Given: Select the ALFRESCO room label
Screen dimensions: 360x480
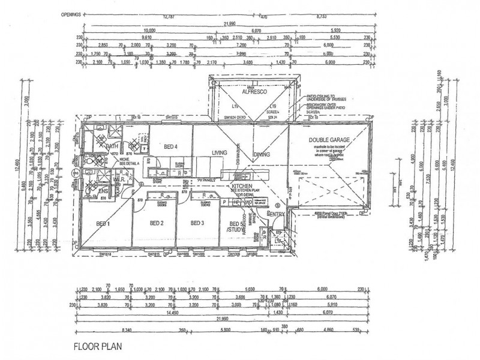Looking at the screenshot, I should pyautogui.click(x=253, y=93).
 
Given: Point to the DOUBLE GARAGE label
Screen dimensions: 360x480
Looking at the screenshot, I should pyautogui.click(x=329, y=140).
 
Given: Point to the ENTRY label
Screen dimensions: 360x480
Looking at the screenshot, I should pyautogui.click(x=277, y=214).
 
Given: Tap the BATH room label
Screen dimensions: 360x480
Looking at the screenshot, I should pyautogui.click(x=112, y=146).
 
